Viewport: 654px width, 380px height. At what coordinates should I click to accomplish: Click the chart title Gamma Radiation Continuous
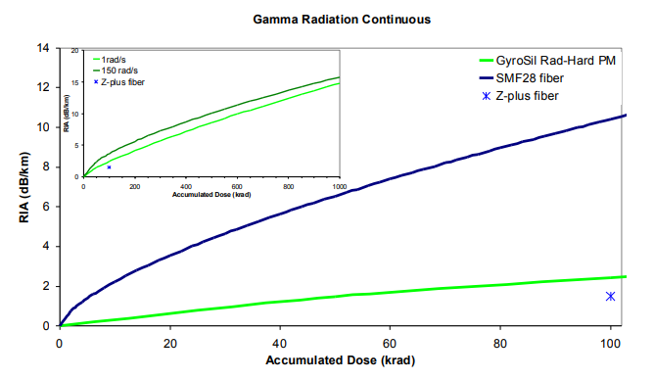342,20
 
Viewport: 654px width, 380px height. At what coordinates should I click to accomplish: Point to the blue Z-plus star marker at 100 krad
610,296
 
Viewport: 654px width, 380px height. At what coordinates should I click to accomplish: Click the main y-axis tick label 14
43,48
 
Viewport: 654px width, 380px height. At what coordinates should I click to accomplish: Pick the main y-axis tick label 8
46,166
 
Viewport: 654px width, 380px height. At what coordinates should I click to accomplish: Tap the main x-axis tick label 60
390,344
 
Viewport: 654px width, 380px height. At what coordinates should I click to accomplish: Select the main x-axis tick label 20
169,344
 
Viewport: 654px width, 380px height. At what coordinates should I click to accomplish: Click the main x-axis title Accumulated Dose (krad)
341,360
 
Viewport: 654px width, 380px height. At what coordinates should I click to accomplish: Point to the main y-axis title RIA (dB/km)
24,187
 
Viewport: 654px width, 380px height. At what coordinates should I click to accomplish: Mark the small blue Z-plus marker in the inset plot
109,167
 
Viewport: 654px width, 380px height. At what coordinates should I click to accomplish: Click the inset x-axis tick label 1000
340,186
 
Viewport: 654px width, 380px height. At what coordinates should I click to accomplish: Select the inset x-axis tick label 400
186,186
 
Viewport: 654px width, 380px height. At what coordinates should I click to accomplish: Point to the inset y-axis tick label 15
75,82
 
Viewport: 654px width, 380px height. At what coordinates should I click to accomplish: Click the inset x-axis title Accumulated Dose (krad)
211,194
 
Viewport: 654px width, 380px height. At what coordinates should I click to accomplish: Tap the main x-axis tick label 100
610,344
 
